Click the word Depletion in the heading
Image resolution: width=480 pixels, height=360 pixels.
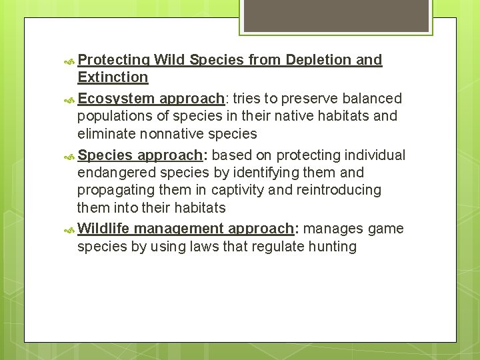[318, 60]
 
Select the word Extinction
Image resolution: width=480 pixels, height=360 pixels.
[113, 77]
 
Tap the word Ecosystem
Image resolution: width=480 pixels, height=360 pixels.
[115, 99]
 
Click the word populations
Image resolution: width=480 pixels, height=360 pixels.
[115, 116]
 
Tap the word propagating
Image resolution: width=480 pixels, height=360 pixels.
[116, 190]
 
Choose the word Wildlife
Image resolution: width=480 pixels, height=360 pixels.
[104, 229]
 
